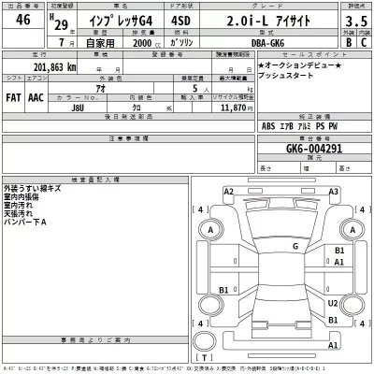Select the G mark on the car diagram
click(295, 246)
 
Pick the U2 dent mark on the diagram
click(334, 303)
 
